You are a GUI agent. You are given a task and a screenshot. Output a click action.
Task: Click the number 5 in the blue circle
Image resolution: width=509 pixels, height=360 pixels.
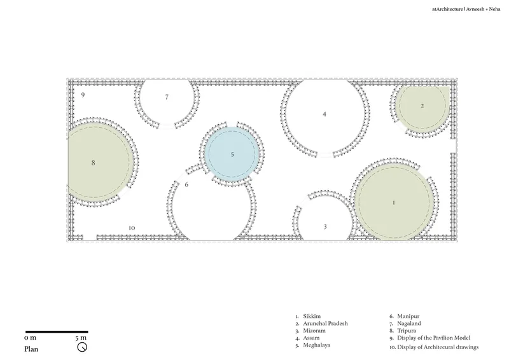pos(232,155)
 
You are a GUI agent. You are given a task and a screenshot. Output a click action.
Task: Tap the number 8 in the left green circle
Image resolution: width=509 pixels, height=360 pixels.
pos(93,163)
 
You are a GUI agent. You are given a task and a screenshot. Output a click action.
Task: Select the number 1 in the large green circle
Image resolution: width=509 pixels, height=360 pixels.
pos(394,202)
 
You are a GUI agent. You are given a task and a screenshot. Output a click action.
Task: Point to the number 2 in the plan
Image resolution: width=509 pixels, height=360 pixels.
pos(422,106)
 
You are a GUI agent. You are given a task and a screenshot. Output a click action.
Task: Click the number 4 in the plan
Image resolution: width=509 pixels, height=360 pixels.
pos(324,114)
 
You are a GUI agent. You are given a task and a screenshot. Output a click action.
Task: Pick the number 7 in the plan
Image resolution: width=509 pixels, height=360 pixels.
pos(167,97)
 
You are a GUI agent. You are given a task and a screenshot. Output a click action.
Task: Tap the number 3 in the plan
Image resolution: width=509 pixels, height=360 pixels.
pos(325,226)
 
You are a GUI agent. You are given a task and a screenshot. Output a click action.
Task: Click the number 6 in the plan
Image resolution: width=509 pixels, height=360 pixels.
pos(186,184)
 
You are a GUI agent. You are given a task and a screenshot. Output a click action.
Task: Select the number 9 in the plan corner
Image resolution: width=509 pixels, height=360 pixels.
pos(83,95)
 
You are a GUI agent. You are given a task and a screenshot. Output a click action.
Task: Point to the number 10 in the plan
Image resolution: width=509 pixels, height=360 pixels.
pos(132,228)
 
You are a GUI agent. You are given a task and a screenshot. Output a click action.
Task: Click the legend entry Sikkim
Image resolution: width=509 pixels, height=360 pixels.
pos(312,316)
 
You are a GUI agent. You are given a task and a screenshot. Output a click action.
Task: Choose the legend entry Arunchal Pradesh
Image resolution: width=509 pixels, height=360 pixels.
pos(325,323)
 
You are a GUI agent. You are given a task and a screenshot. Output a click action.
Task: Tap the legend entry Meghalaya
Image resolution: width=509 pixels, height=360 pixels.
pos(316,345)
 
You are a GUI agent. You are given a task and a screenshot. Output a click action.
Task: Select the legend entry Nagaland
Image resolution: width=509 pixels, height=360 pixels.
pos(409,323)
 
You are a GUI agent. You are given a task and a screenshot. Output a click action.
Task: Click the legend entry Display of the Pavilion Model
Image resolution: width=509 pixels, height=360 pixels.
pos(434,338)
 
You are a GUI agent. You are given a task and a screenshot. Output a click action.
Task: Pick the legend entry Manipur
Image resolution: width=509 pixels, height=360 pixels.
pos(408,316)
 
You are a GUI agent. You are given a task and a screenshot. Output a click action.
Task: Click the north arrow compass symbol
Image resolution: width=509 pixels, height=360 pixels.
pos(82,347)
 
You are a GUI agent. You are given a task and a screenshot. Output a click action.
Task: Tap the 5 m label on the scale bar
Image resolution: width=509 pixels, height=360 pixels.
pos(81,338)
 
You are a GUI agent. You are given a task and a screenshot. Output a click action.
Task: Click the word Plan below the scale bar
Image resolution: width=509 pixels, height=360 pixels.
pos(31,349)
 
